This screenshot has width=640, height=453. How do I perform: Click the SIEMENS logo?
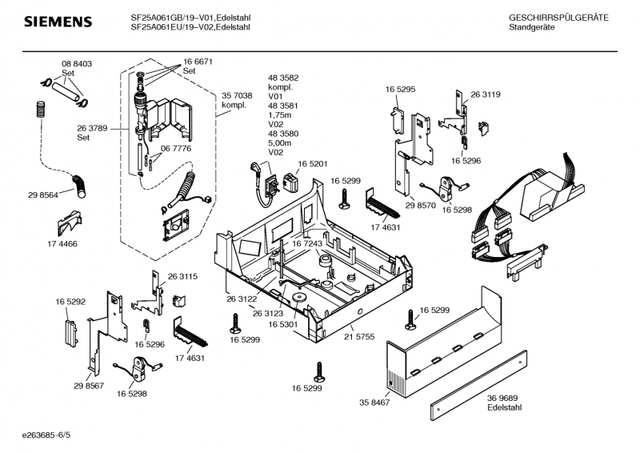click(56, 21)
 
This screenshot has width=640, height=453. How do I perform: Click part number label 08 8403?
click(77, 63)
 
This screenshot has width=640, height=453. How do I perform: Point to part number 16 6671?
click(198, 62)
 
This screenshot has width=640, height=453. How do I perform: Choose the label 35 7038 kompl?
click(237, 100)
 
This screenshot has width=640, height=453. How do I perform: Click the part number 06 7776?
click(176, 149)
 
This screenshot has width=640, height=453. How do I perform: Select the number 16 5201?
click(314, 164)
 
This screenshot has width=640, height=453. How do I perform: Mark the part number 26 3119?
click(486, 95)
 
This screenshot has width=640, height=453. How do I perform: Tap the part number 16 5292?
click(70, 302)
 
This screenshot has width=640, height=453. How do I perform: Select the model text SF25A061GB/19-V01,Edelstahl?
click(190, 17)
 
